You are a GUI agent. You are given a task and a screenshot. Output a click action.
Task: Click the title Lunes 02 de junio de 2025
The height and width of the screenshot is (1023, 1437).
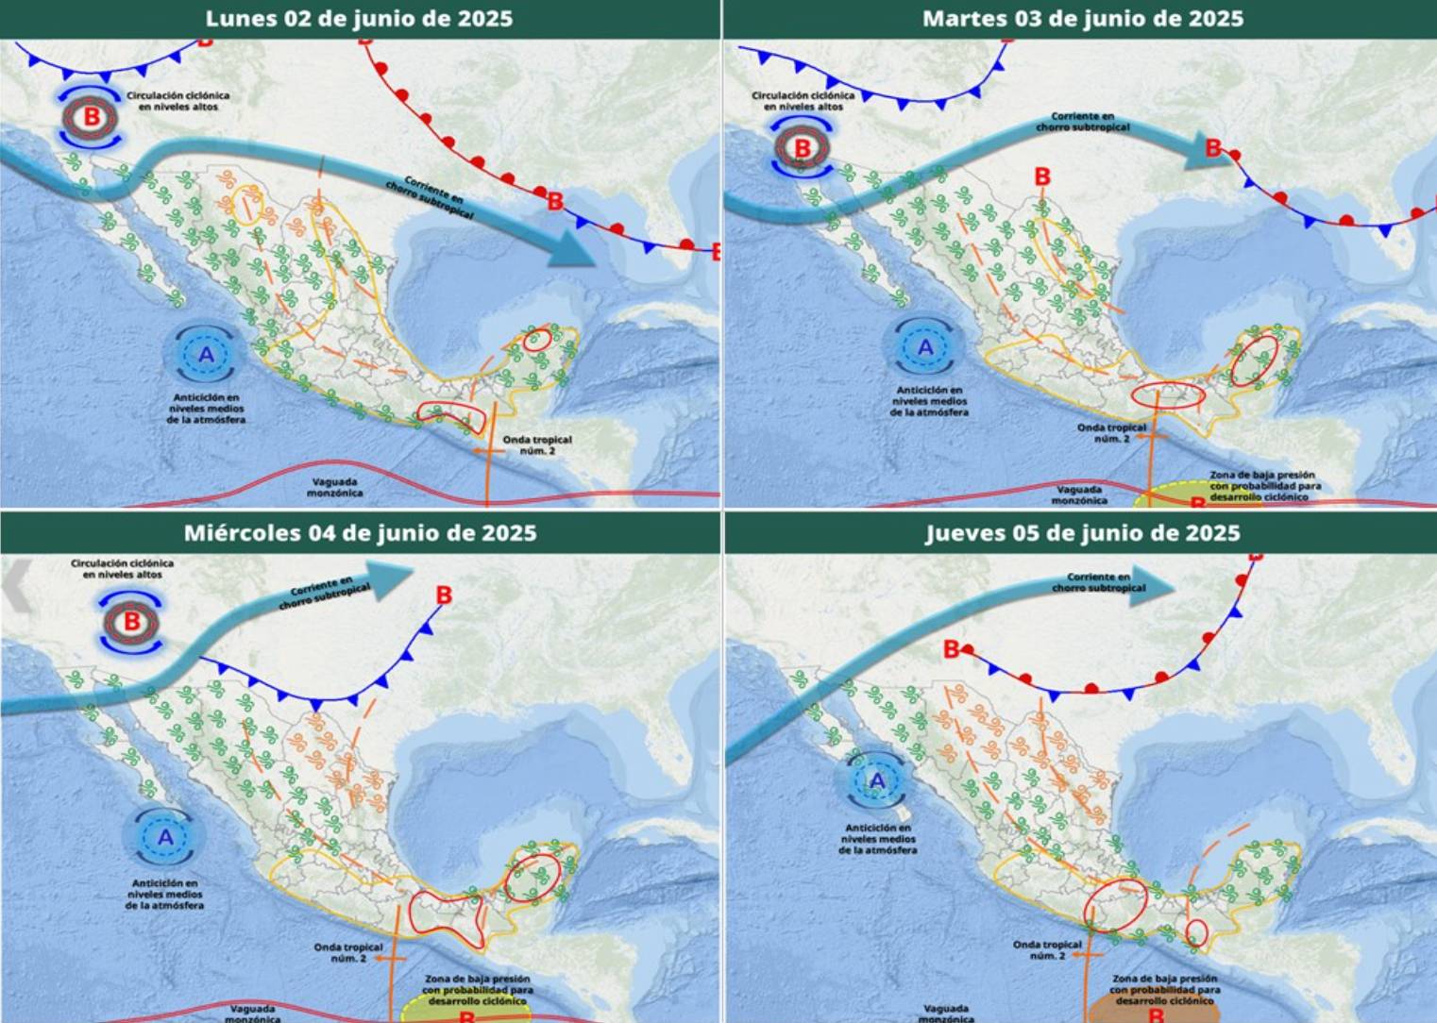[359, 19]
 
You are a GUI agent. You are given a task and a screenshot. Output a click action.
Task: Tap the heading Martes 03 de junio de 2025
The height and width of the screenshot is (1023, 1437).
[1082, 19]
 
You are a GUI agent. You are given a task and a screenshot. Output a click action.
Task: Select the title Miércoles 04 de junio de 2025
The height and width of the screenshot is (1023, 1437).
[360, 533]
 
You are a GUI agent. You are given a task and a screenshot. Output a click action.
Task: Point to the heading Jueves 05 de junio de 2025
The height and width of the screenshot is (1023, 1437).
[1082, 533]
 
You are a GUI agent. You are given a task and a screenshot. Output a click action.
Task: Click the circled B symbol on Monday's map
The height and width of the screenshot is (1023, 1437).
[92, 118]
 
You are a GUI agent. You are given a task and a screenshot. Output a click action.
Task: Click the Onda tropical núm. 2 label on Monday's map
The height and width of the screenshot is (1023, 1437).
[536, 444]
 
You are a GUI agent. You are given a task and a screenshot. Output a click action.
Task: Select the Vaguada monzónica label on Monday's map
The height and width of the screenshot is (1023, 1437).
[334, 487]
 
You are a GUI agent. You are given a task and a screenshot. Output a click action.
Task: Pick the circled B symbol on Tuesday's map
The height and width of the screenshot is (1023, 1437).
[802, 148]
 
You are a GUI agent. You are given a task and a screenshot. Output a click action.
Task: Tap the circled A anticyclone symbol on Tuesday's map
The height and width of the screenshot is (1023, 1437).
[925, 347]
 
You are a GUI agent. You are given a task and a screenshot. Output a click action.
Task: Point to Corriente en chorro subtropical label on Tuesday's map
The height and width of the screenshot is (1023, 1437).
[1082, 122]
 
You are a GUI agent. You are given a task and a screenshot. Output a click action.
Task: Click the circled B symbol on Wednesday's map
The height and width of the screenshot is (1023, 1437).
[131, 622]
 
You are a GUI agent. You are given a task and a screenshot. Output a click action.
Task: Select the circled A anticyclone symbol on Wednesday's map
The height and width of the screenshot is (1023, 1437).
[165, 837]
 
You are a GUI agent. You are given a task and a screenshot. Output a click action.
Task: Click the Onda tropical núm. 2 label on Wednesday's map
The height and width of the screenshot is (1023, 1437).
[348, 952]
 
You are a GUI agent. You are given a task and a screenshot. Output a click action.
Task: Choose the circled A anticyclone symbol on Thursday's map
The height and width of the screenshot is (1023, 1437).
[877, 780]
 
